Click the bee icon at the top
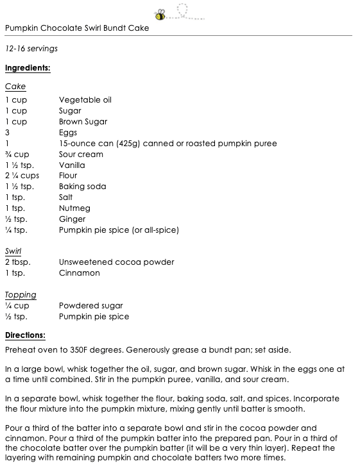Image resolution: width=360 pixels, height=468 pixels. click(x=160, y=12)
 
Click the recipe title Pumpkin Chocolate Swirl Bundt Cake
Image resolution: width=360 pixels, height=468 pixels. click(x=77, y=28)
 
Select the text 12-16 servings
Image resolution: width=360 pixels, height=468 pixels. click(x=31, y=48)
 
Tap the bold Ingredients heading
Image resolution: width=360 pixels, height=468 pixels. click(x=28, y=67)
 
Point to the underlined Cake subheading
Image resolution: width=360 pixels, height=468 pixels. click(x=15, y=87)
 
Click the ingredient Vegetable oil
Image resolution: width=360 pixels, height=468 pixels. click(x=85, y=100)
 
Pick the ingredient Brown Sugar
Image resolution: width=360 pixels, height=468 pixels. click(x=83, y=122)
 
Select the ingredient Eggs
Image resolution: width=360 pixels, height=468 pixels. click(x=68, y=133)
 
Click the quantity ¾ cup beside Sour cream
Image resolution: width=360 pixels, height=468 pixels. click(x=17, y=155)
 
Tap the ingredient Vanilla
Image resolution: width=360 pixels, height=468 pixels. click(x=72, y=165)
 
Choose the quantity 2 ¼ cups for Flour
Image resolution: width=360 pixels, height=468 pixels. click(x=22, y=176)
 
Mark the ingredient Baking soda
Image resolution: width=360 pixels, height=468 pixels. click(x=82, y=187)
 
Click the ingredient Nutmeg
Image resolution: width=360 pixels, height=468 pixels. click(x=74, y=208)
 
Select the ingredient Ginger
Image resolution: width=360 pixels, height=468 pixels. click(x=72, y=219)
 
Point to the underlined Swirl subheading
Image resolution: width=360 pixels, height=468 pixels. click(x=13, y=251)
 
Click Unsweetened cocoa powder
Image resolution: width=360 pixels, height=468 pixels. click(x=116, y=262)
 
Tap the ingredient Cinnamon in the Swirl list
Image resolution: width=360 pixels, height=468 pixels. click(x=79, y=273)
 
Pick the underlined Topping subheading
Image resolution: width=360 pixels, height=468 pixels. click(x=21, y=295)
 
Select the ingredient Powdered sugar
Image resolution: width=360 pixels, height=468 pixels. click(x=90, y=306)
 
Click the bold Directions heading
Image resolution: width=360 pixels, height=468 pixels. click(x=26, y=335)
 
